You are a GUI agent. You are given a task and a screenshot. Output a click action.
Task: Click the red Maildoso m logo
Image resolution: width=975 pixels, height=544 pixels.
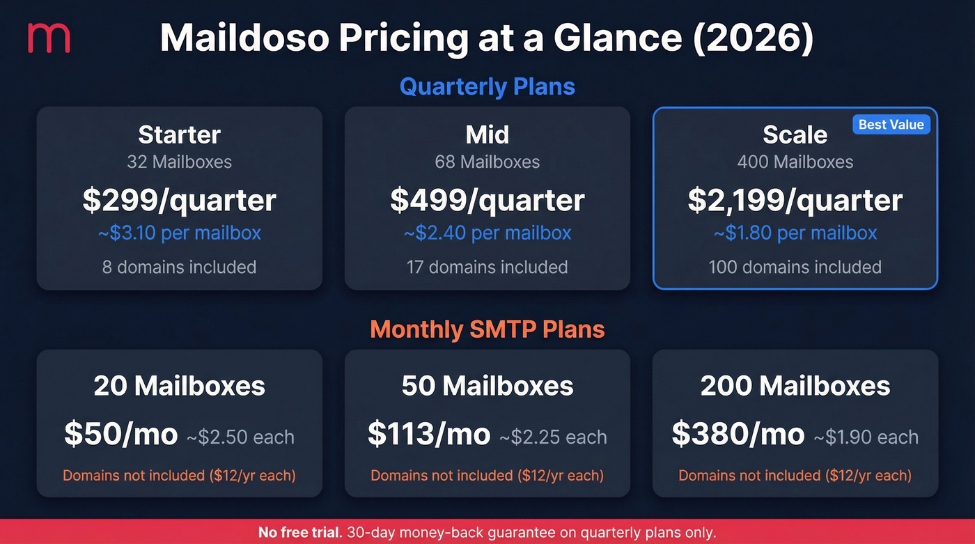coord(48,38)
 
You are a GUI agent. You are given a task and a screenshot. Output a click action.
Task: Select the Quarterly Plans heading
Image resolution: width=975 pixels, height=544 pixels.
coord(487,87)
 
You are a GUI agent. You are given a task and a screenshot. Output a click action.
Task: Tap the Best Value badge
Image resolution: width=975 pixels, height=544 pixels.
coord(891,125)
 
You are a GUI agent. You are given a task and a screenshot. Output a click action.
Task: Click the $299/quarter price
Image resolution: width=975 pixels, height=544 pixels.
coord(179,200)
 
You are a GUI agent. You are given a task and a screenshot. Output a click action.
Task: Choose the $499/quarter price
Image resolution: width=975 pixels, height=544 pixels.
coord(487,200)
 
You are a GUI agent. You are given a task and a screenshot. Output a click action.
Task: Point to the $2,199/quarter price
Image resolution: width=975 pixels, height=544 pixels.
coord(795,200)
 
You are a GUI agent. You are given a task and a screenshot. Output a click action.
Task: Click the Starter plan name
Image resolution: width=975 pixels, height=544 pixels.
coord(179,134)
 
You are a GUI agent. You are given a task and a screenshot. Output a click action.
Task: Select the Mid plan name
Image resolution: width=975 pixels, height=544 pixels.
coord(487,134)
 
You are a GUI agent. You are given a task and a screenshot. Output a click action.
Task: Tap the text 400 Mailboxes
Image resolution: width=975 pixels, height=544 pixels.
coord(795,162)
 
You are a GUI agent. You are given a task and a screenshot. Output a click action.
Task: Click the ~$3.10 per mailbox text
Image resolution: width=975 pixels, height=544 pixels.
coord(179,233)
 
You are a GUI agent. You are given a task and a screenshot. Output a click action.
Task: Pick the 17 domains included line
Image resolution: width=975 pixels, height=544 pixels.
coord(487,267)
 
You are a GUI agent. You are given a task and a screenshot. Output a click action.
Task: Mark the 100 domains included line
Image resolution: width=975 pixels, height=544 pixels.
coord(795,267)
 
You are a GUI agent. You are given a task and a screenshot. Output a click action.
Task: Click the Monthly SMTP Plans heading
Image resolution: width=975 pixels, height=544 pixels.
coord(487,329)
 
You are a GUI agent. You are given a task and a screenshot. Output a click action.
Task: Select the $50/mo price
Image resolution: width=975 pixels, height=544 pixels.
coord(120,435)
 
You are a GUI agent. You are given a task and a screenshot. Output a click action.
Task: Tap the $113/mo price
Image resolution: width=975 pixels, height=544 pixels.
coord(428,435)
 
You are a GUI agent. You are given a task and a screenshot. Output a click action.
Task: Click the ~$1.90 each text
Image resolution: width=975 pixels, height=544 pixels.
coord(861,437)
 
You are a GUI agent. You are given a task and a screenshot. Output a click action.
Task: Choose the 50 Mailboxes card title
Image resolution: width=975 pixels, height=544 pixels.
coord(487,386)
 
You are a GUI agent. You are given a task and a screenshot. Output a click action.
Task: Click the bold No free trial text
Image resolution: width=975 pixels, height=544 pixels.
coord(299,533)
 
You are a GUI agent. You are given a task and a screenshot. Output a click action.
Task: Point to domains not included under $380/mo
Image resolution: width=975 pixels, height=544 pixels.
coord(795,476)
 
